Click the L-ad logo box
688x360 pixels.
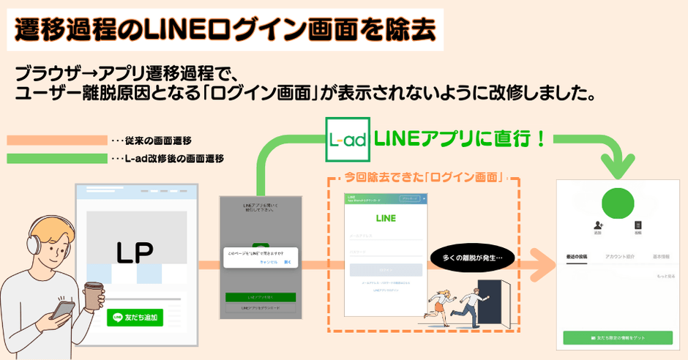point(347,139)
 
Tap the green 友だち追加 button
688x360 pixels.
point(135,317)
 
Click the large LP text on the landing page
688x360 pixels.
point(135,252)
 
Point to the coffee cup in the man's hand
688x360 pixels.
point(93,296)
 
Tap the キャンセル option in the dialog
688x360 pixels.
point(269,261)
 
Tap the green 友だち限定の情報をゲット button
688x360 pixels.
point(617,337)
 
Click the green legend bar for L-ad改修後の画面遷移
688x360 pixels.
point(56,158)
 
